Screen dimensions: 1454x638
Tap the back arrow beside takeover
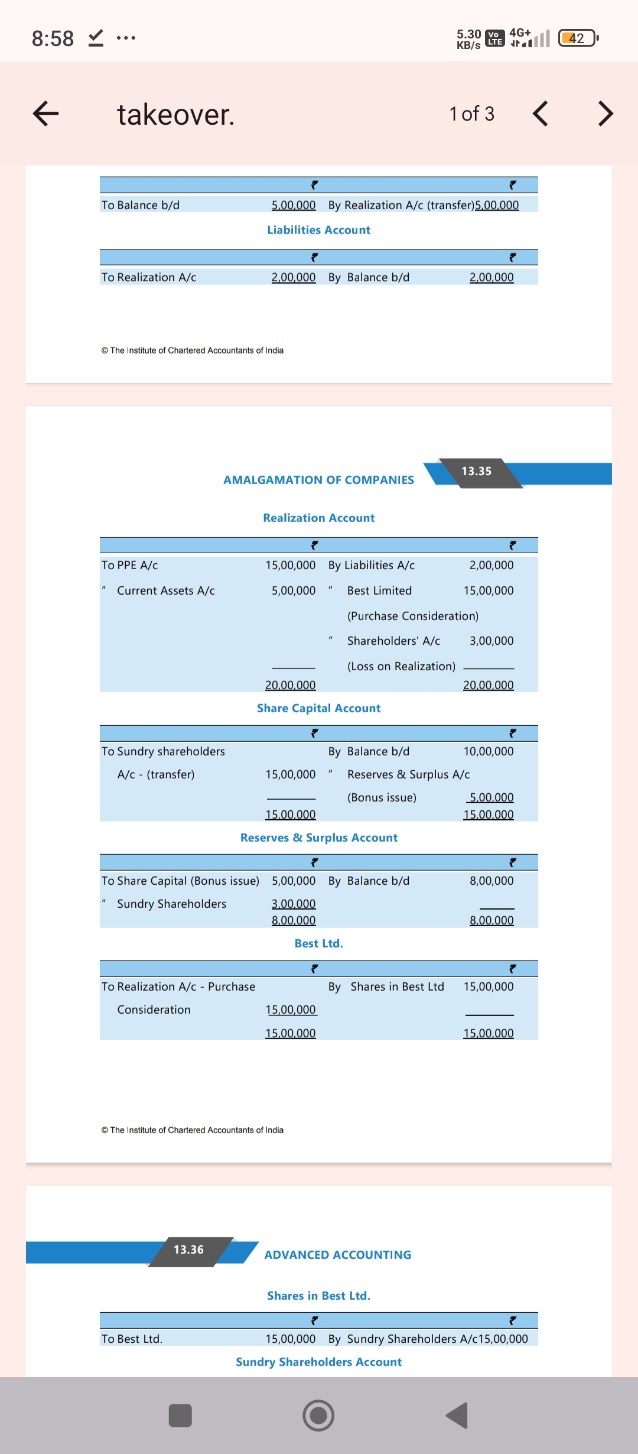click(46, 113)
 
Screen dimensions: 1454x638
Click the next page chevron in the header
click(605, 113)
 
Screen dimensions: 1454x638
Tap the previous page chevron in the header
click(541, 113)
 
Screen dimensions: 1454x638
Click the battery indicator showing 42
click(578, 38)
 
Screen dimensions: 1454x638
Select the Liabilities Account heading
click(318, 230)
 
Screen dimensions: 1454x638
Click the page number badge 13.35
click(477, 472)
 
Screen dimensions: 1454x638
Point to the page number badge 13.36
click(188, 1250)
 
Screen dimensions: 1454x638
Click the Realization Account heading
click(318, 518)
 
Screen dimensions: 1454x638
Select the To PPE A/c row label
click(130, 565)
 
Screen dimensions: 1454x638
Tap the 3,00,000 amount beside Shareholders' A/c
click(491, 641)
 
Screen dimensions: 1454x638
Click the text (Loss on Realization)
click(401, 666)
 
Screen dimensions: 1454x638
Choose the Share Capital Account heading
click(318, 708)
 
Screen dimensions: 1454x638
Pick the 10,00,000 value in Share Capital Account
click(488, 751)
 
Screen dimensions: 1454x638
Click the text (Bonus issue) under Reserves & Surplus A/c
click(382, 797)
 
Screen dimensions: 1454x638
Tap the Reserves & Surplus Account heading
click(318, 838)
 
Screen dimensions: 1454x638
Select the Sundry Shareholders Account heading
click(318, 1362)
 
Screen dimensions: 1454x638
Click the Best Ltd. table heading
click(318, 943)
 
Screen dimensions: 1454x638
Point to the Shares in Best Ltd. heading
click(318, 1296)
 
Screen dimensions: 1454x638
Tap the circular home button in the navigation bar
click(318, 1416)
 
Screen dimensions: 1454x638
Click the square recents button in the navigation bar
click(180, 1416)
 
